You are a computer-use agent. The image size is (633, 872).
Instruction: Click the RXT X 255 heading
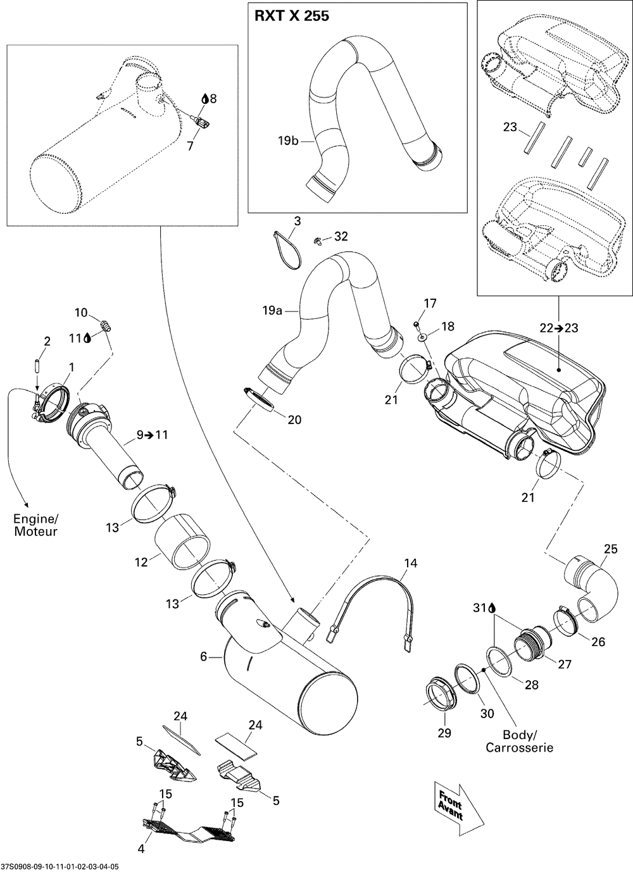pos(292,16)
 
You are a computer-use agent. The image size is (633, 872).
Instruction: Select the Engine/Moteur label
pos(35,525)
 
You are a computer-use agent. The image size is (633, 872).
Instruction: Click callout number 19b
pos(288,140)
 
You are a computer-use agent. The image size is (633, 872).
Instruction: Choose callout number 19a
pos(272,311)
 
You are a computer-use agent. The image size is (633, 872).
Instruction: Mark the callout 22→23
pos(559,328)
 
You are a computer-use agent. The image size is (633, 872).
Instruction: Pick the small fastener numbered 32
pos(317,242)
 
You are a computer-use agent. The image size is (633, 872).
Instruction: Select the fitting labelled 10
pos(106,325)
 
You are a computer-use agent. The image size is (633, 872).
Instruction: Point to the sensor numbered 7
pos(201,123)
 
